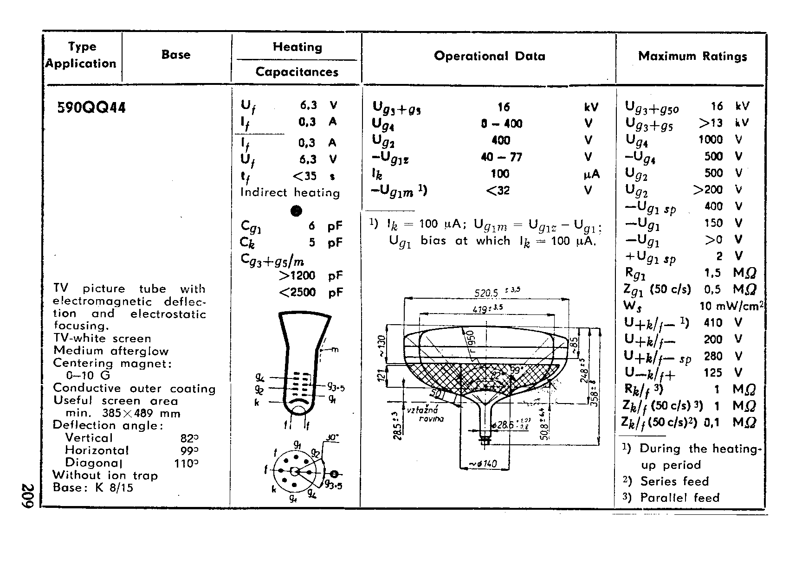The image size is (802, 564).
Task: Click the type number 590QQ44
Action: (x=91, y=108)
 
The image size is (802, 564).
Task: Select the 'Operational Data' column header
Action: (x=489, y=56)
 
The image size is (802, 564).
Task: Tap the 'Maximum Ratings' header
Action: (x=692, y=56)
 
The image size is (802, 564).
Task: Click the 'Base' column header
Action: (x=176, y=55)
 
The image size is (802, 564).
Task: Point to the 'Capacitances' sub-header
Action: (x=297, y=72)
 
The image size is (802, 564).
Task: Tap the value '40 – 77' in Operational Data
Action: (x=501, y=157)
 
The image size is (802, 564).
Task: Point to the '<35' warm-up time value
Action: (x=304, y=176)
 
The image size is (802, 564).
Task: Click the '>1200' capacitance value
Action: (x=297, y=276)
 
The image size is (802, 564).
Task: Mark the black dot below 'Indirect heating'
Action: (x=296, y=211)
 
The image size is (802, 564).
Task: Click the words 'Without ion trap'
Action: (x=105, y=475)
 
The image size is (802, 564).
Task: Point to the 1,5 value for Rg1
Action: (x=712, y=273)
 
